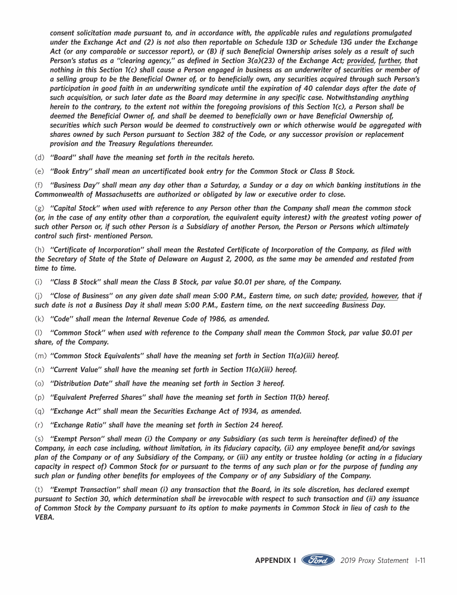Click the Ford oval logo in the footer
click(318, 560)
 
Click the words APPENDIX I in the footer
click(276, 560)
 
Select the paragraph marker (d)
click(39, 158)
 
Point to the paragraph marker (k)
click(39, 319)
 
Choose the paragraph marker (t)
click(39, 490)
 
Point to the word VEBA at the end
click(44, 517)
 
